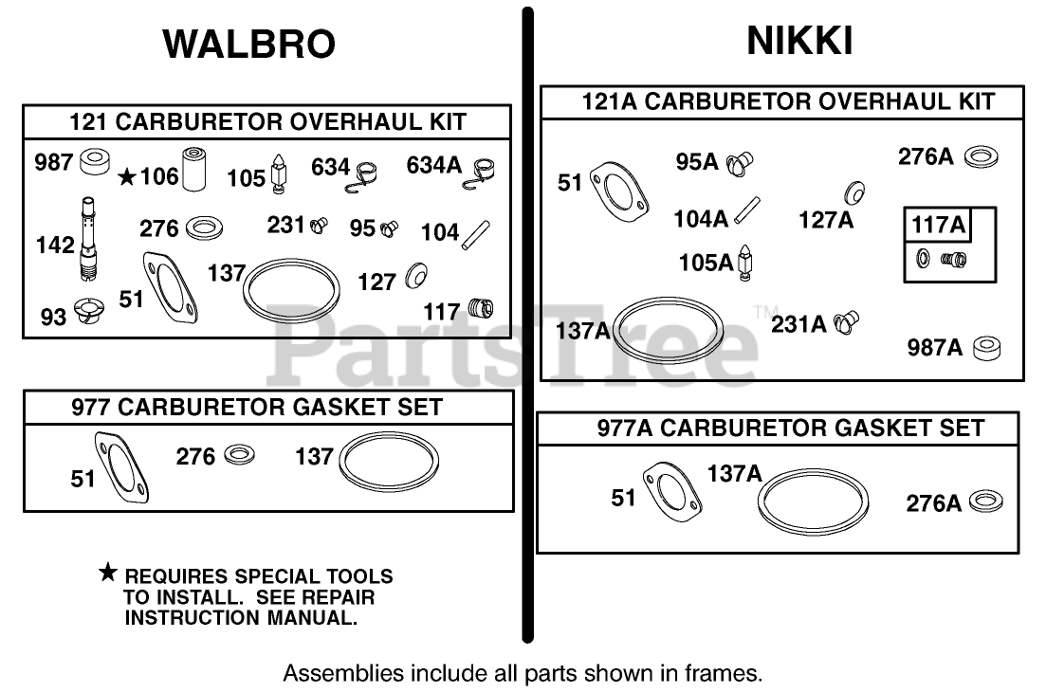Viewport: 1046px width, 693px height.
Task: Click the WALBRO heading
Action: click(x=249, y=45)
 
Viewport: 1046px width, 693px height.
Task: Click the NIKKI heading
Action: click(x=799, y=41)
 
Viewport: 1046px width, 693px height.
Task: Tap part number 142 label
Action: click(x=55, y=245)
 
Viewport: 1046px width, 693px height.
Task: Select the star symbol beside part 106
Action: click(x=127, y=175)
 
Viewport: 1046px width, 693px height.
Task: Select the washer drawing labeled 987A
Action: click(x=986, y=347)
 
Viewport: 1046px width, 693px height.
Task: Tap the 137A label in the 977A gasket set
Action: click(x=733, y=472)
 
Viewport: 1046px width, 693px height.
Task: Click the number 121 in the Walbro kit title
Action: click(x=87, y=121)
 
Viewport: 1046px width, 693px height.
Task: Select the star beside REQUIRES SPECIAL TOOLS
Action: click(x=109, y=573)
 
